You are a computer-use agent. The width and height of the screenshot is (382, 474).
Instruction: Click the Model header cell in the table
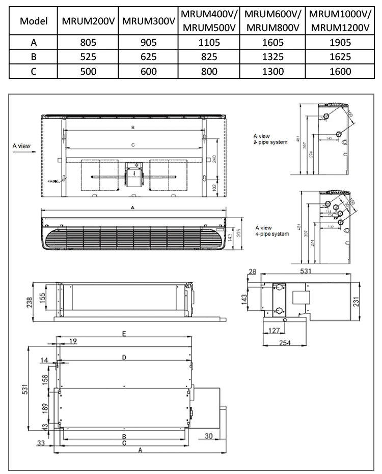coord(33,21)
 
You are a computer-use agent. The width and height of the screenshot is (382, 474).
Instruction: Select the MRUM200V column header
coord(88,21)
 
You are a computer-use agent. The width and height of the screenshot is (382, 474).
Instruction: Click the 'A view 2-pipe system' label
coord(270,139)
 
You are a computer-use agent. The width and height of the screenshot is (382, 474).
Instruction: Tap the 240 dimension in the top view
coord(215,158)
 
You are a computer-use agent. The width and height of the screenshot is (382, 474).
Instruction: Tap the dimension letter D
coord(124,358)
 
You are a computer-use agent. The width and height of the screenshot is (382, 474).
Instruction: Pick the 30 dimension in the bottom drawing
coord(209,436)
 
